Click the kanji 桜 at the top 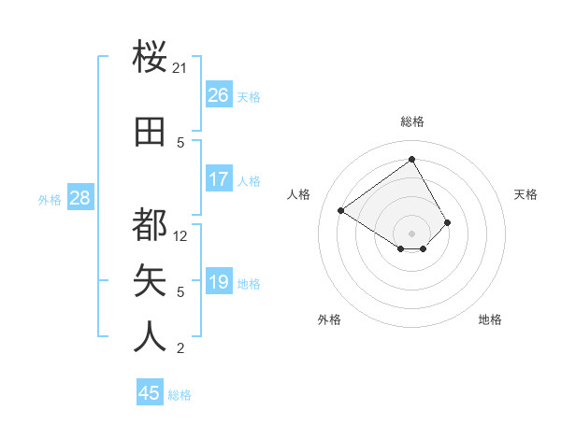pyautogui.click(x=151, y=57)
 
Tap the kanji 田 pyautogui.click(x=151, y=132)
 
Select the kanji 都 pyautogui.click(x=151, y=225)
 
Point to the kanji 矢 pyautogui.click(x=151, y=280)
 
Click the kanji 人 pyautogui.click(x=151, y=336)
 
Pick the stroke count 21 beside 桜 pyautogui.click(x=180, y=68)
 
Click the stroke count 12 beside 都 pyautogui.click(x=180, y=236)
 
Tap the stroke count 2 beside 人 pyautogui.click(x=180, y=348)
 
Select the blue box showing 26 pyautogui.click(x=218, y=95)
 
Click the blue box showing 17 pyautogui.click(x=218, y=179)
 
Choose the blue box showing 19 pyautogui.click(x=218, y=282)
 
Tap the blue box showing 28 pyautogui.click(x=79, y=198)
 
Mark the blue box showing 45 pyautogui.click(x=150, y=393)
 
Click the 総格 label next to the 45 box pyautogui.click(x=180, y=395)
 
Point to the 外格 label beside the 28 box pyautogui.click(x=50, y=199)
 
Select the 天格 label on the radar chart pyautogui.click(x=525, y=194)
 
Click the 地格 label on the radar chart pyautogui.click(x=490, y=319)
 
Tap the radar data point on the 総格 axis pyautogui.click(x=411, y=159)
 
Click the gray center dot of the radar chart pyautogui.click(x=411, y=233)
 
